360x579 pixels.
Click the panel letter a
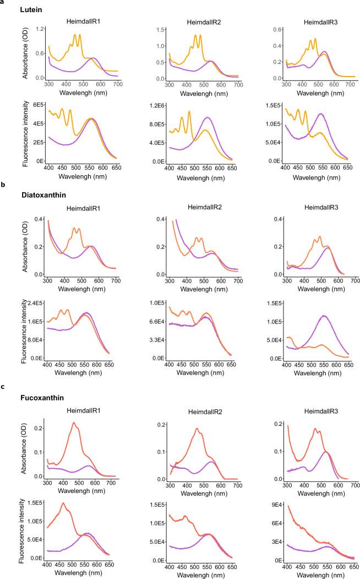click(x=3, y=2)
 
